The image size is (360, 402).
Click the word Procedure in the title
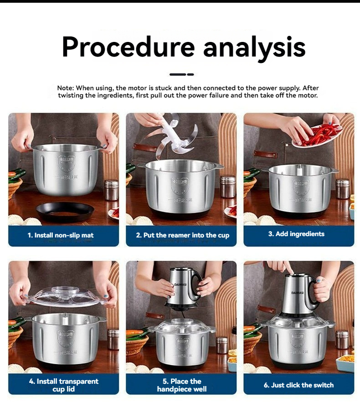129,46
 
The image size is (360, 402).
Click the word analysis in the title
254,46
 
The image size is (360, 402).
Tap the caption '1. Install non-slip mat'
63,235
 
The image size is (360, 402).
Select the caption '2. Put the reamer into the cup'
182,235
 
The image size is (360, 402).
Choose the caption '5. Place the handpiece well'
182,385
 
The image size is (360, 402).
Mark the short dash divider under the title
181,74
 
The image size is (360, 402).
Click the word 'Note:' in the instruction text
66,88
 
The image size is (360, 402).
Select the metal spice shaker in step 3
343,188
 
